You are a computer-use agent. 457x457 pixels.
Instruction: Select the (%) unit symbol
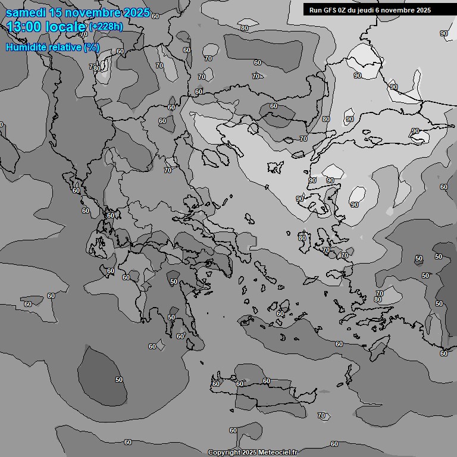pyautogui.click(x=92, y=47)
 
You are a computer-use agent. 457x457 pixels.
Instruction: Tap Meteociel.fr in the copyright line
pyautogui.click(x=277, y=453)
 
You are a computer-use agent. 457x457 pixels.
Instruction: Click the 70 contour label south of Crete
pyautogui.click(x=322, y=415)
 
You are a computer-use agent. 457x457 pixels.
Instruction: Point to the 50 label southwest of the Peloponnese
pyautogui.click(x=119, y=380)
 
